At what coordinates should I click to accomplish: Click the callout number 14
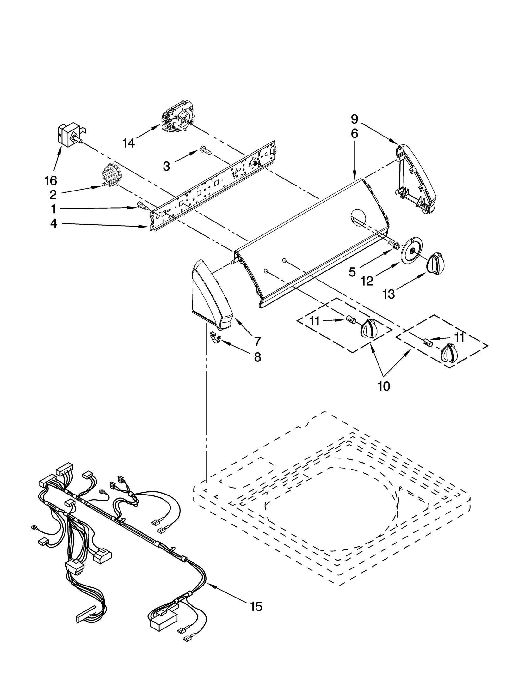(129, 143)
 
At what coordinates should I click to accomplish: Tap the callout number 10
(384, 386)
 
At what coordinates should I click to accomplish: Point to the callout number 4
(54, 223)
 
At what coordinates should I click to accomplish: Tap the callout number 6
(355, 134)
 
